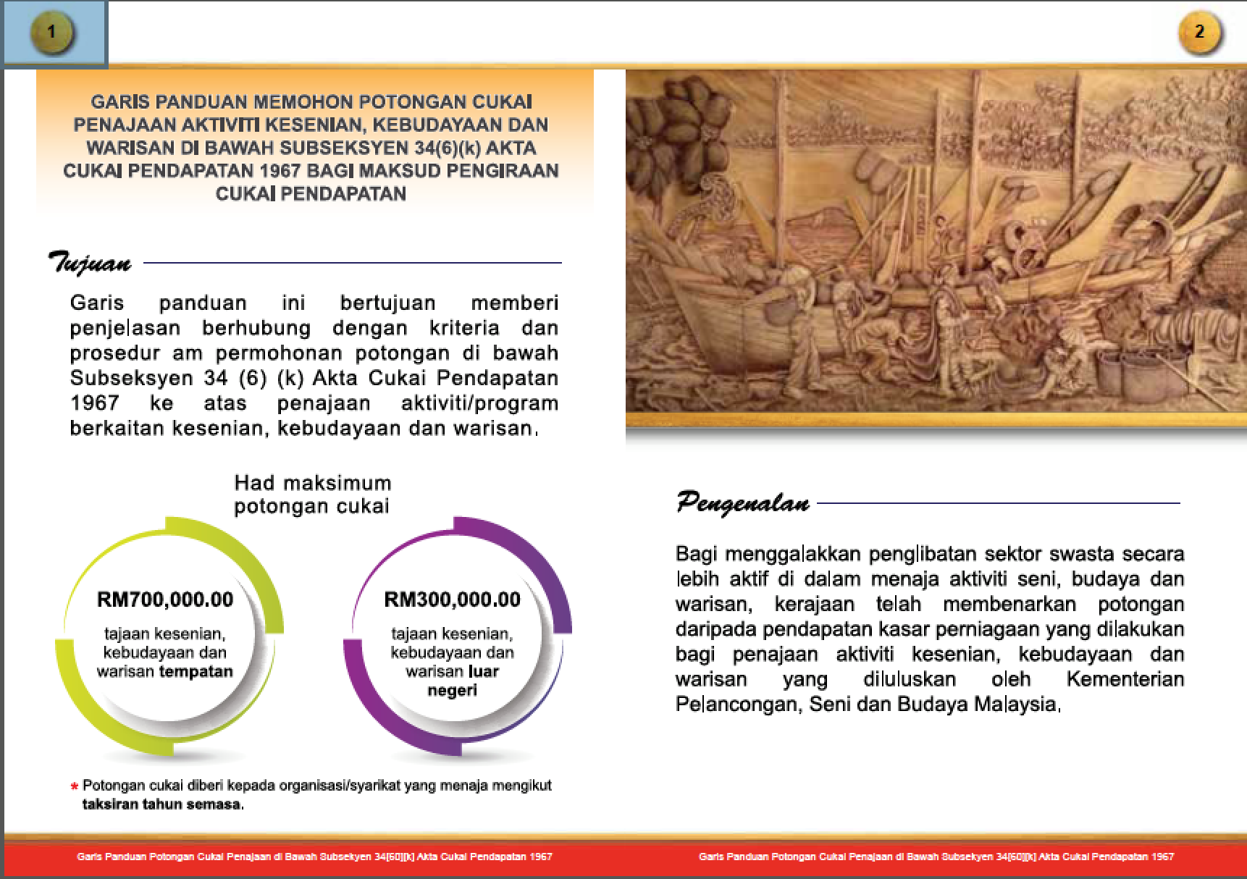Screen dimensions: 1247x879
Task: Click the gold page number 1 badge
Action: click(51, 32)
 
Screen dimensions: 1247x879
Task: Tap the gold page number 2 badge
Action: click(1199, 32)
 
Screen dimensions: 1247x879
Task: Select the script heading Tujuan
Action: click(90, 262)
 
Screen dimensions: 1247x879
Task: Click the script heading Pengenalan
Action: click(743, 502)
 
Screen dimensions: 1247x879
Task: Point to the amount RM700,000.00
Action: click(165, 600)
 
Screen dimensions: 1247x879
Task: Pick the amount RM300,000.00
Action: click(452, 600)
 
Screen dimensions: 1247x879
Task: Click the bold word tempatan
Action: click(196, 671)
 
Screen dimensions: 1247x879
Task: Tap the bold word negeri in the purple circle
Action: click(452, 690)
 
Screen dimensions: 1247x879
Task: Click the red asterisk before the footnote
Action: click(74, 787)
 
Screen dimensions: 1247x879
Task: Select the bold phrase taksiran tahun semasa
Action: click(162, 804)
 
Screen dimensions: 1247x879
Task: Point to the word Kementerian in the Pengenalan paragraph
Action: click(1125, 679)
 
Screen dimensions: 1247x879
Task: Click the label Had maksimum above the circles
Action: click(313, 483)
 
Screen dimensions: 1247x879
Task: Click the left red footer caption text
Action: click(314, 857)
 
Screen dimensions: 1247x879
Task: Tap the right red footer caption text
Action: click(936, 857)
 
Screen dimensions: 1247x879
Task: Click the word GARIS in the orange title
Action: click(119, 102)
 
